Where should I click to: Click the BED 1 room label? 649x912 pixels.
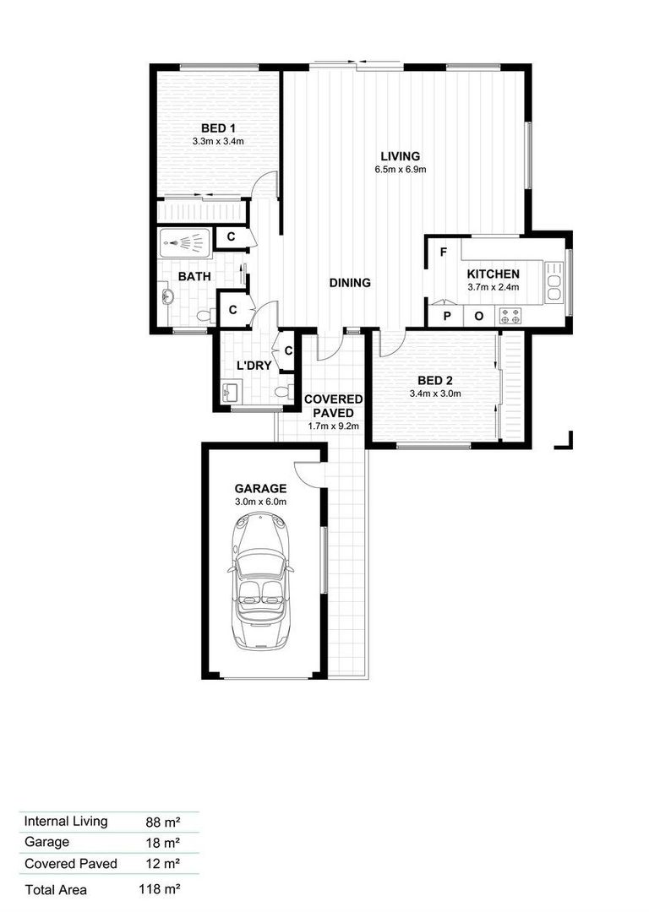coord(218,128)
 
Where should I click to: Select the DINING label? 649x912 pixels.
coord(350,283)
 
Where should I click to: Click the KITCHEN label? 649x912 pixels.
coord(493,274)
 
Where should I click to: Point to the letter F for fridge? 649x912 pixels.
coord(444,252)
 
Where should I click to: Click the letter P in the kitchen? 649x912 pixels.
coord(447,317)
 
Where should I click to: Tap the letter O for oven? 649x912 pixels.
coord(479,317)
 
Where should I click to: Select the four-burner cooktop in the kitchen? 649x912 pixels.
coord(510,316)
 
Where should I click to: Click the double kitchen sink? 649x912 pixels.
coord(554,282)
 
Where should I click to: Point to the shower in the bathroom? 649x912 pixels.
coord(185,240)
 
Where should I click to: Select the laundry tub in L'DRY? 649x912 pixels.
coord(232,392)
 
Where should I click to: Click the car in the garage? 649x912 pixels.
coord(261,581)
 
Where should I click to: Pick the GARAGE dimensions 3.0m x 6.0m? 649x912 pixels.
coord(260,502)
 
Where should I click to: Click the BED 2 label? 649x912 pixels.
coord(435,381)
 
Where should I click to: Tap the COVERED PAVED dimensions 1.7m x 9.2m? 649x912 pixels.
coord(333,426)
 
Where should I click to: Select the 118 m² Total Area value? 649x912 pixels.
coord(159,888)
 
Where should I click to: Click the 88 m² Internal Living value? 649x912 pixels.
coord(162,822)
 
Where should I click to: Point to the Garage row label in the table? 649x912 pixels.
coord(46,842)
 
